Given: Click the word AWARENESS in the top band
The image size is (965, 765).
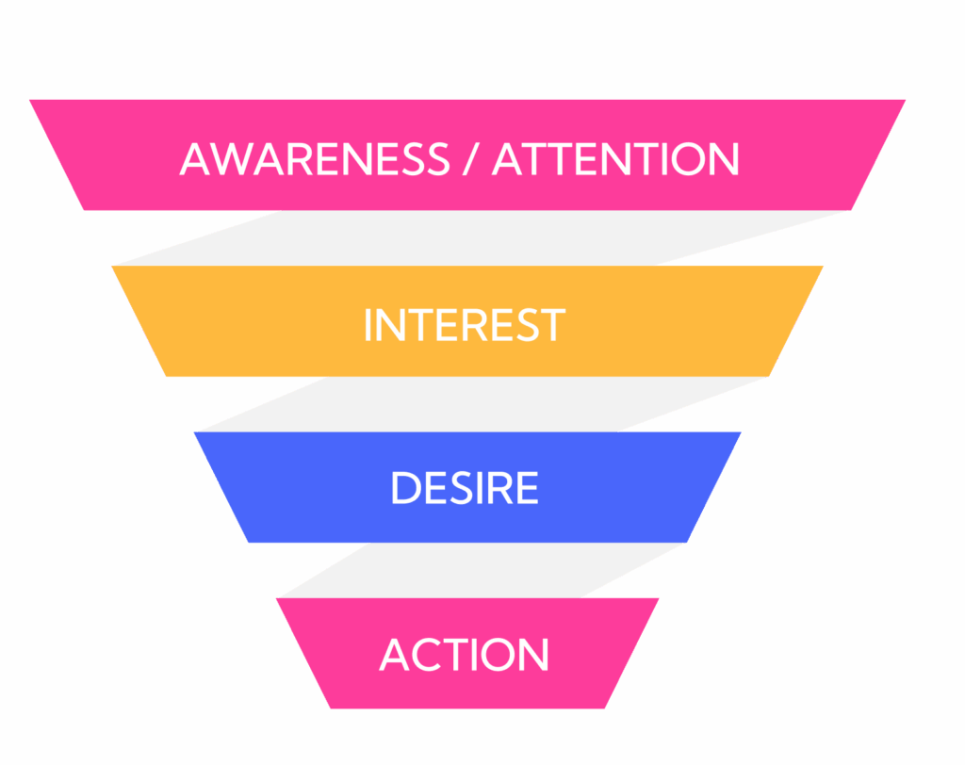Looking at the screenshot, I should [x=315, y=159].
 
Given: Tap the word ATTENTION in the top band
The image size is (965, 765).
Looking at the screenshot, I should [x=615, y=159].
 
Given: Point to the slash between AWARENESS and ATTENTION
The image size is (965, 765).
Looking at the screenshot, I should [x=470, y=159].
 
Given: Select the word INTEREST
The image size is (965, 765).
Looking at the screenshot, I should [x=464, y=325].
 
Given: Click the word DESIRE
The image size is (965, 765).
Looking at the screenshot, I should [x=465, y=489].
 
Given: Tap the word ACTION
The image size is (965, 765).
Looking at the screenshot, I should [x=465, y=655].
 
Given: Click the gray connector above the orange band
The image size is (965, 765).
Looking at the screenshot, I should [x=471, y=238].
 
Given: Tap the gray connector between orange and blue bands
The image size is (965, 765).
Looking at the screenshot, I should [x=471, y=404].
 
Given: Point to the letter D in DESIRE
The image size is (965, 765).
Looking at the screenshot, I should [x=404, y=489].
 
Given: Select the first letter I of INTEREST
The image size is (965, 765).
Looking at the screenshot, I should [x=368, y=325].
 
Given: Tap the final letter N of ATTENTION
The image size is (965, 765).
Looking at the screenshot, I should [x=724, y=159].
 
